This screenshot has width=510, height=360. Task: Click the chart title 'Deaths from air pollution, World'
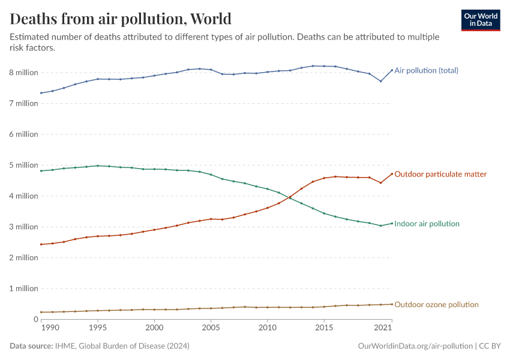[x=121, y=19]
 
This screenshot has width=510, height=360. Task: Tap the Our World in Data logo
[x=480, y=20]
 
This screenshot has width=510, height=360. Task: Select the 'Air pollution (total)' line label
[x=426, y=70]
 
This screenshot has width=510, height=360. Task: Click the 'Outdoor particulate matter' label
[x=440, y=174]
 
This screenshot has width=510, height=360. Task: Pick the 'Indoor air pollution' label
[x=427, y=224]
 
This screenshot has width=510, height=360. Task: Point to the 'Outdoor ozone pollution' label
[x=436, y=305]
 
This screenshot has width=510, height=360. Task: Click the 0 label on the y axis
[x=35, y=319]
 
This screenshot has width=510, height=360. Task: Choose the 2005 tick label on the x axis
[x=211, y=328]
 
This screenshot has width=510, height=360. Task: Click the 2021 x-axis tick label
[x=383, y=328]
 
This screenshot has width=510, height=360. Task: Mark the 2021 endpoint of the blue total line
[x=392, y=70]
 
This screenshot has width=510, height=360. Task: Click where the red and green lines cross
[x=289, y=197]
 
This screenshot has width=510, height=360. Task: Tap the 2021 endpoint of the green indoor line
[x=392, y=223]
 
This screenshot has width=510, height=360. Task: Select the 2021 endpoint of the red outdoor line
[x=392, y=174]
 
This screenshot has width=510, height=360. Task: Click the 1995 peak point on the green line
[x=98, y=166]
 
